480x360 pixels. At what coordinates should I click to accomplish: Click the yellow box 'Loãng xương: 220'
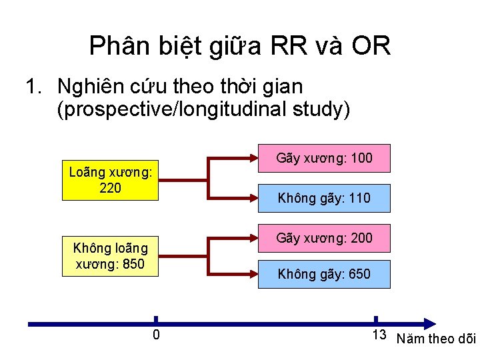[x=110, y=180]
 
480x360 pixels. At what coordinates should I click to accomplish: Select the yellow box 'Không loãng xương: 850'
[x=110, y=256]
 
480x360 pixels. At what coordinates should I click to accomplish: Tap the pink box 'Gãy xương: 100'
[x=324, y=159]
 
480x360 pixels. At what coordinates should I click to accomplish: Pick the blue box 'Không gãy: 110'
[x=324, y=198]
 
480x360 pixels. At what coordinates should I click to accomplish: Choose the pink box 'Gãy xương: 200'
[x=324, y=238]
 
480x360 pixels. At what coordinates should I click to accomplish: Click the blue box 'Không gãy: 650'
[x=324, y=274]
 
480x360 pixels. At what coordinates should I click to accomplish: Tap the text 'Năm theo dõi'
[x=436, y=339]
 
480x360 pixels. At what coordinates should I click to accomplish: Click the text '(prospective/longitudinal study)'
[x=203, y=109]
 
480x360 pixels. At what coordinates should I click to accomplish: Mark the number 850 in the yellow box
[x=133, y=264]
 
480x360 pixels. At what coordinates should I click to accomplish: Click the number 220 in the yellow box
[x=110, y=188]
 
